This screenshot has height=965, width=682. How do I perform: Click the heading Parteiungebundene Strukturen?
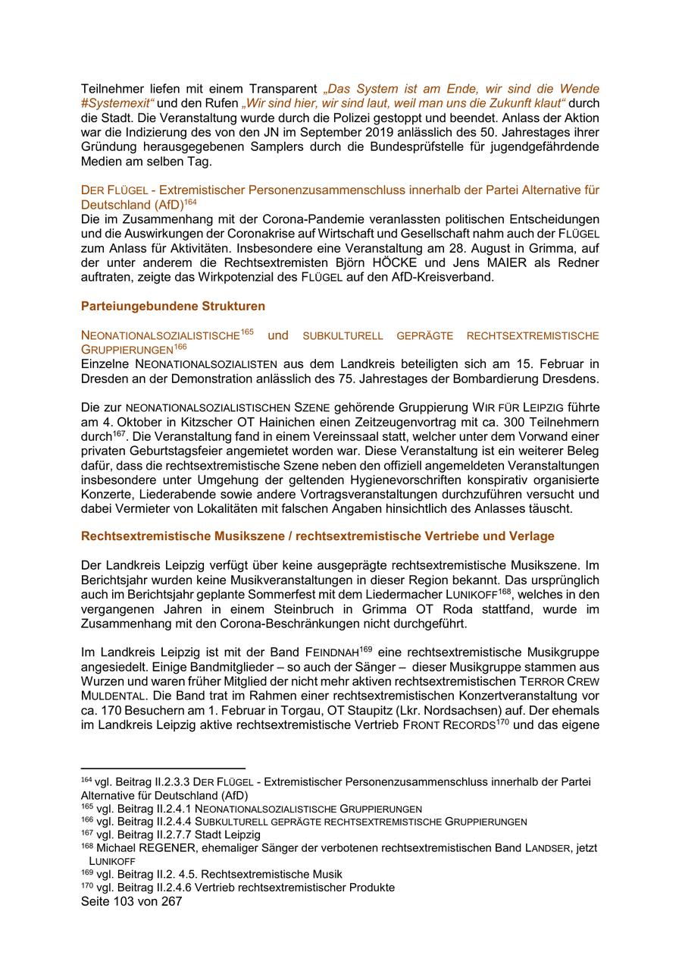(173, 306)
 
